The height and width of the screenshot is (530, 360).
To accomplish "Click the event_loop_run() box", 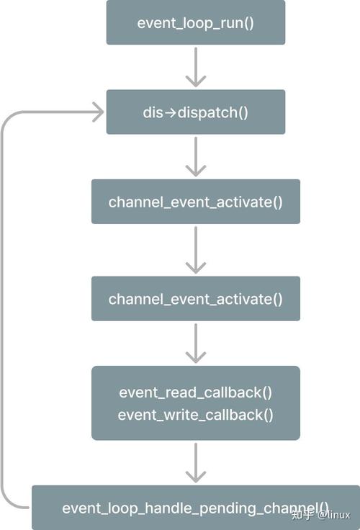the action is pyautogui.click(x=196, y=22).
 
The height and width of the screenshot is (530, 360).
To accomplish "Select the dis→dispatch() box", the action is pyautogui.click(x=196, y=112).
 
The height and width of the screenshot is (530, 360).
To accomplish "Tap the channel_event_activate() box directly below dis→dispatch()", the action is pyautogui.click(x=196, y=202).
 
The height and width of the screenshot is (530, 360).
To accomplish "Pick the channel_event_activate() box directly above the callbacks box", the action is pyautogui.click(x=196, y=298).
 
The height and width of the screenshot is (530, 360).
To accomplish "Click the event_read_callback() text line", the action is pyautogui.click(x=195, y=392).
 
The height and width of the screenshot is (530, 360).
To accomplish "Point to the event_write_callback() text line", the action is pyautogui.click(x=195, y=415).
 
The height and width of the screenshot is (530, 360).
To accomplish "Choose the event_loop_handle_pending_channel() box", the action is pyautogui.click(x=196, y=508).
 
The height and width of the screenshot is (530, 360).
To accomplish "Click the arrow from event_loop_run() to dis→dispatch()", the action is pyautogui.click(x=196, y=67).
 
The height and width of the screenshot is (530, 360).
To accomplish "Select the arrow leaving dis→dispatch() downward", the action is pyautogui.click(x=196, y=157).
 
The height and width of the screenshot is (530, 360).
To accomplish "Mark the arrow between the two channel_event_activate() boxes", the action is pyautogui.click(x=196, y=250).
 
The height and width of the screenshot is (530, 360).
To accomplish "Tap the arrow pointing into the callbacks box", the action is pyautogui.click(x=196, y=343).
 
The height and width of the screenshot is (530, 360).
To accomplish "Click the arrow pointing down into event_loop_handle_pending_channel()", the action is pyautogui.click(x=196, y=463).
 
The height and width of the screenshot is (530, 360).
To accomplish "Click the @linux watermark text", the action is pyautogui.click(x=333, y=515).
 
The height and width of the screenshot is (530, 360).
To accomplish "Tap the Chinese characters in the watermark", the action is pyautogui.click(x=302, y=515).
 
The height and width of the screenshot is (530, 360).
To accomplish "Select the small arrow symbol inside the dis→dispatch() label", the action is pyautogui.click(x=171, y=112).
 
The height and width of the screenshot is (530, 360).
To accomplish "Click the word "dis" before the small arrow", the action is pyautogui.click(x=153, y=112).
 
